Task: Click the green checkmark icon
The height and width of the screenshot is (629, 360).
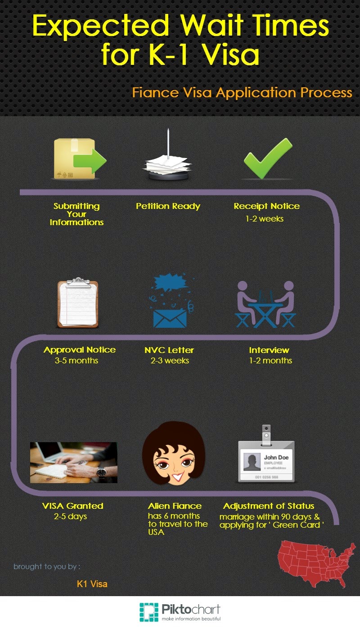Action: [x=268, y=158]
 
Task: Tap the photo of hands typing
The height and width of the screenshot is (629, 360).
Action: [x=73, y=462]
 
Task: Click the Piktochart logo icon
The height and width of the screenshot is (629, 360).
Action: [x=148, y=612]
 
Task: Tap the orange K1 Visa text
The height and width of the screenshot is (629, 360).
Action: [x=92, y=584]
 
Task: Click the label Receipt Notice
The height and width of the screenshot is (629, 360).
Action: [x=266, y=206]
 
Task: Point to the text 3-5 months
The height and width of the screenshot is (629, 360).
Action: [x=80, y=360]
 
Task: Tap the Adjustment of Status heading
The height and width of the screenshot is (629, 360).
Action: [x=269, y=506]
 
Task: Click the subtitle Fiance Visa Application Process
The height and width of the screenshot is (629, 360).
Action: [x=242, y=92]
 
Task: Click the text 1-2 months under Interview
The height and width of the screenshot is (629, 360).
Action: [x=270, y=360]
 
